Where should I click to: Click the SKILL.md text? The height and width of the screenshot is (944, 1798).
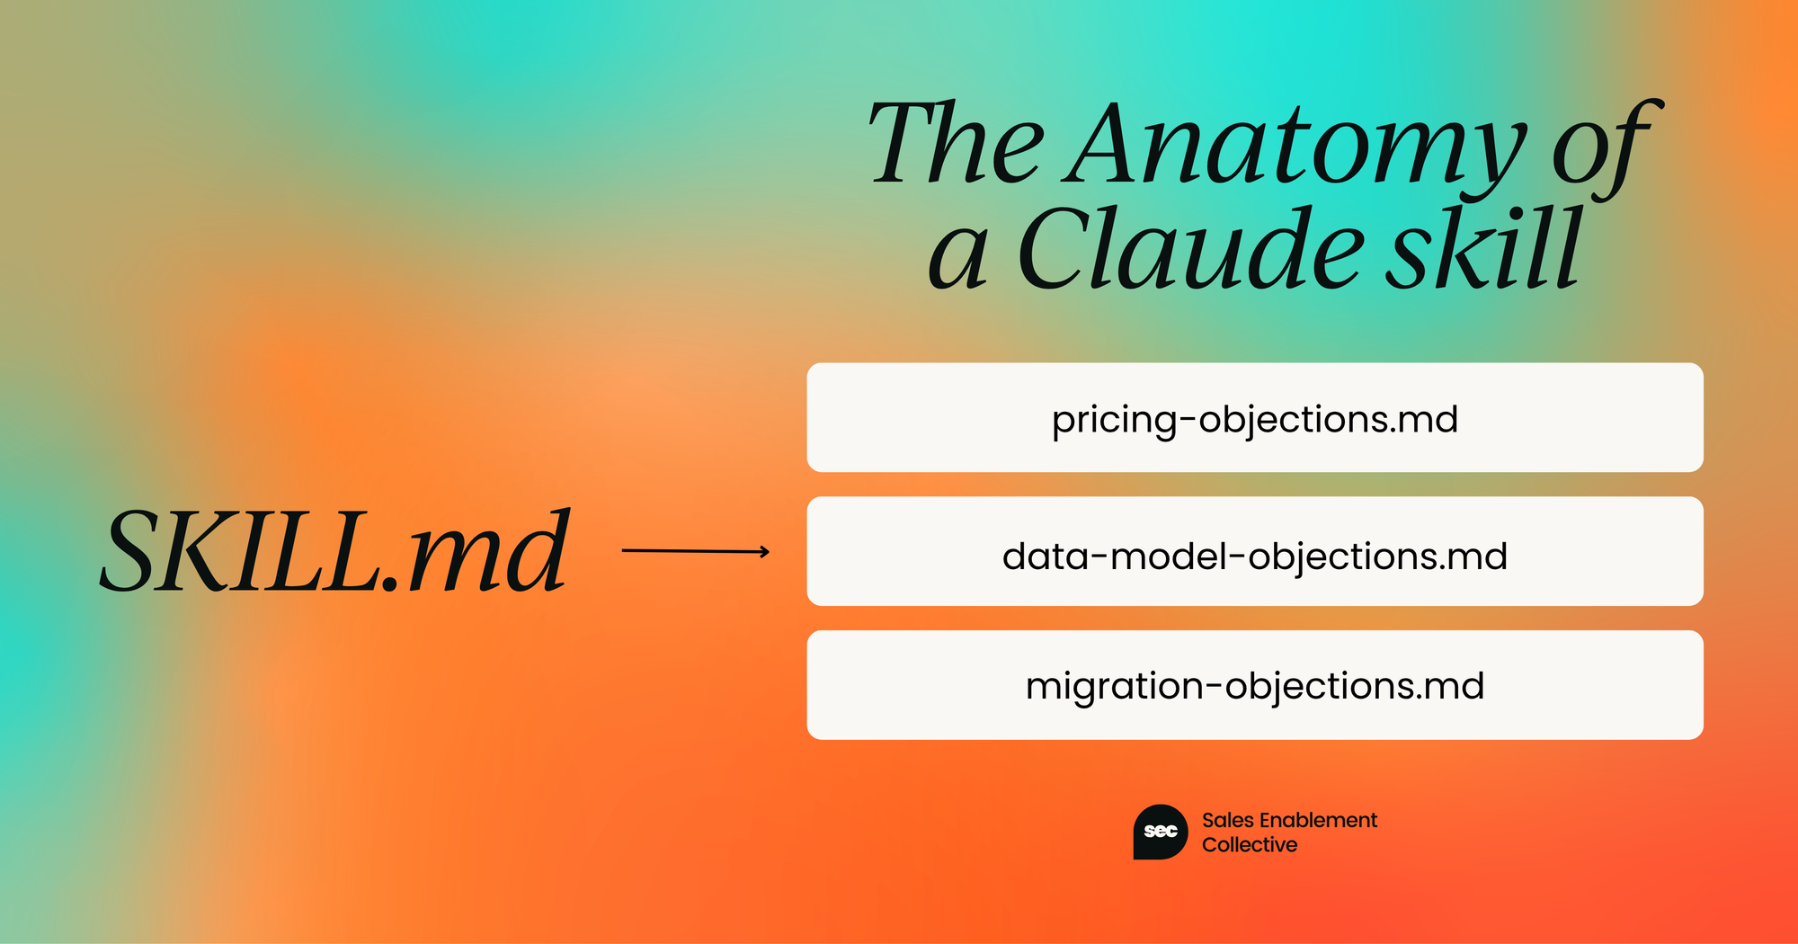(x=335, y=550)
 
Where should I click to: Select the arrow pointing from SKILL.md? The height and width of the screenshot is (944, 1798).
(x=696, y=551)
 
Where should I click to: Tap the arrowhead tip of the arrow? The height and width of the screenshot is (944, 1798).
(x=770, y=551)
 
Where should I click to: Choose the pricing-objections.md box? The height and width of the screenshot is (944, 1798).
(x=1255, y=417)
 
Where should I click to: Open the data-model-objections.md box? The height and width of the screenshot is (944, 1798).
(x=1255, y=551)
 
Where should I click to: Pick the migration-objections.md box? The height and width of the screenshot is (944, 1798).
(x=1255, y=685)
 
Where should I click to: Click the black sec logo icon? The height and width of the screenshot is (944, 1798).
(x=1161, y=832)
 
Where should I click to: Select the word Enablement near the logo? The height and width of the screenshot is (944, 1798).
(x=1319, y=820)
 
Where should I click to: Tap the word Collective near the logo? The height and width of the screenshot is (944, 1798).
(x=1250, y=844)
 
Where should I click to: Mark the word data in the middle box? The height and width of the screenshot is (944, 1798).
(x=1045, y=557)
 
